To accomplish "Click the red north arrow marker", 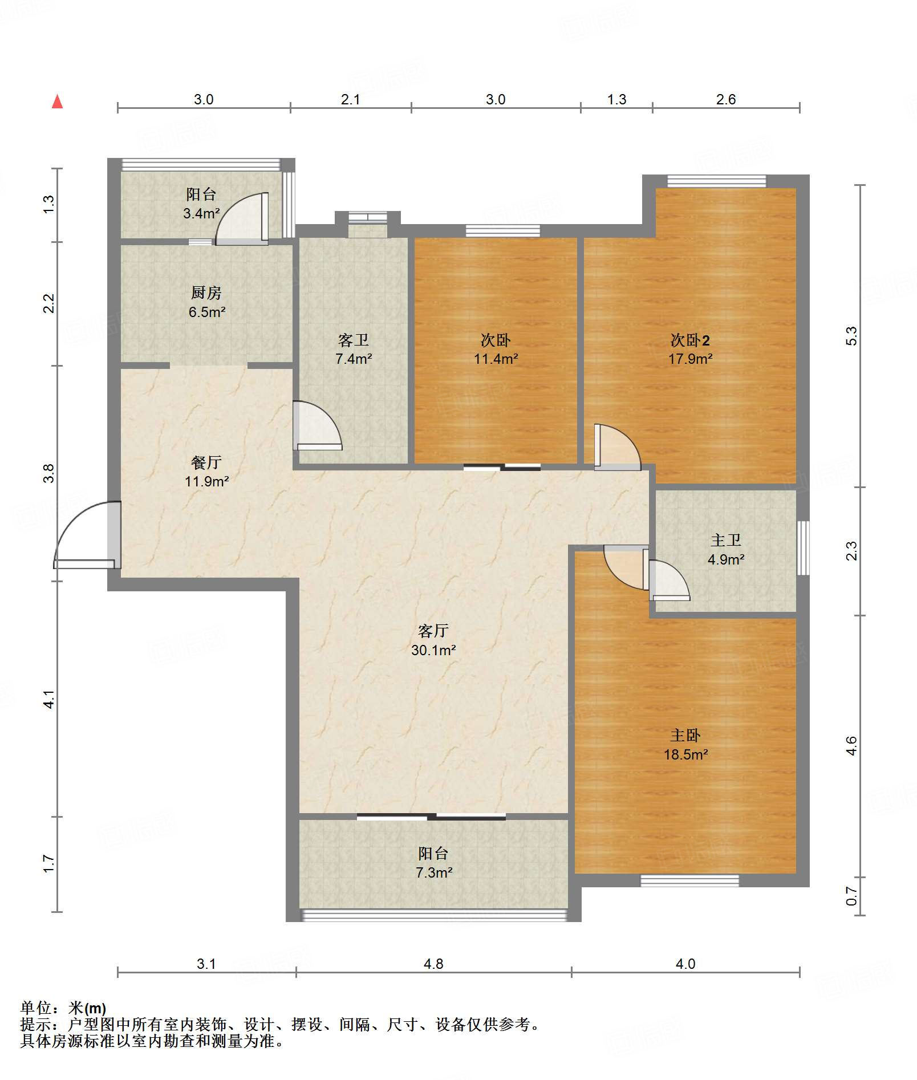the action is (x=57, y=101).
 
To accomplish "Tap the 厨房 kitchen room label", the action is (x=206, y=302).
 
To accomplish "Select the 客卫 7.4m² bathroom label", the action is (x=354, y=349).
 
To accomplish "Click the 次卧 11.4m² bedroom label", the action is (x=496, y=349).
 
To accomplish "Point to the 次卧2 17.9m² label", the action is (x=690, y=349).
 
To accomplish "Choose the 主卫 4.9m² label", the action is (x=725, y=550).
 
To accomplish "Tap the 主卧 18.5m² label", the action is (x=685, y=745).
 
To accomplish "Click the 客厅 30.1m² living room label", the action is (x=433, y=640).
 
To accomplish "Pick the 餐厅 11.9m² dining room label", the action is (x=206, y=472).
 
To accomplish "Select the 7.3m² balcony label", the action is (x=433, y=862).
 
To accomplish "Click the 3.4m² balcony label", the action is (x=201, y=204).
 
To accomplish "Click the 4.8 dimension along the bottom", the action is (x=433, y=964).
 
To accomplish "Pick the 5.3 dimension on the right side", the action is (x=851, y=336).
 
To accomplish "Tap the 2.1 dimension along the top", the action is (x=351, y=99).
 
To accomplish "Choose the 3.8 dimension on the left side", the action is (x=49, y=473).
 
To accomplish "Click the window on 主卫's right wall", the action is (x=803, y=548).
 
